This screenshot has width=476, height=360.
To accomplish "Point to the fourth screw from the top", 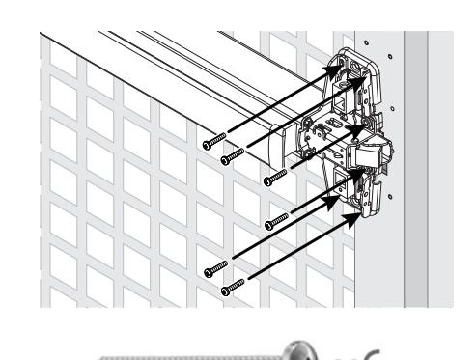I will [x=267, y=226].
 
